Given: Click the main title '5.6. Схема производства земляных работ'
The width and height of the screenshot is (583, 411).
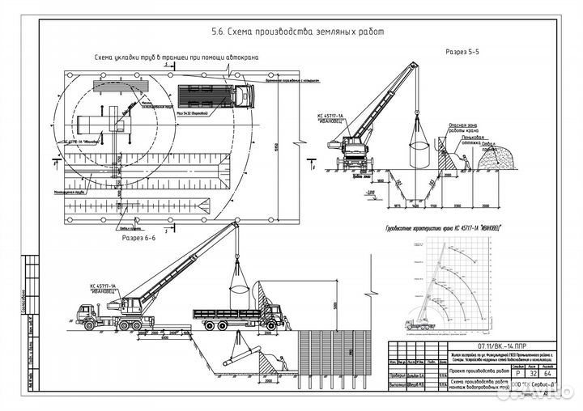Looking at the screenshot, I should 295,32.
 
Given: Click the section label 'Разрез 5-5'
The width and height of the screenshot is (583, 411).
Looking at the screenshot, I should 463,51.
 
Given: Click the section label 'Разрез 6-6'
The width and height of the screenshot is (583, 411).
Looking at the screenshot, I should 138,239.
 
